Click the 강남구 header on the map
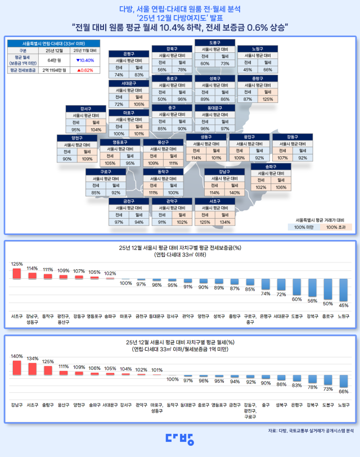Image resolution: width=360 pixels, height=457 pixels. point(224,171)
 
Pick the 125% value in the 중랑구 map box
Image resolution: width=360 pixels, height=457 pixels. point(267,99)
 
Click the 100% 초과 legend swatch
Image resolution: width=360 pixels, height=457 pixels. point(339,227)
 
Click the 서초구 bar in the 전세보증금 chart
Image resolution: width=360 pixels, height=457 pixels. point(17,273)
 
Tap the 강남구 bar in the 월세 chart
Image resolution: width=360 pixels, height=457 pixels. point(17,368)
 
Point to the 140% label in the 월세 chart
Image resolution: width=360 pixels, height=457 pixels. point(17,356)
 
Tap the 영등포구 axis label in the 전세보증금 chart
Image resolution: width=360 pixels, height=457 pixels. point(94,317)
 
